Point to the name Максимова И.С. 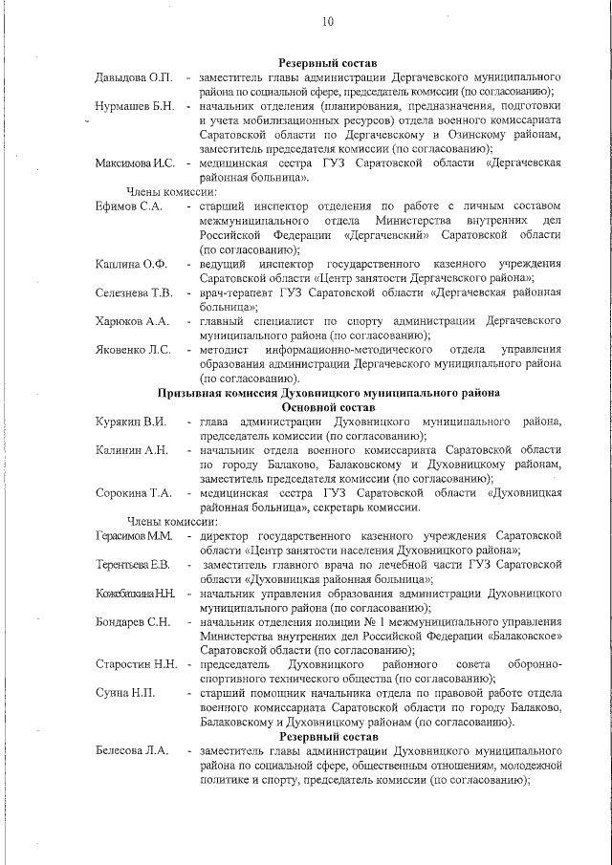(x=135, y=163)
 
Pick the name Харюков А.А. (x=132, y=321)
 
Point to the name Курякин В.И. (x=131, y=422)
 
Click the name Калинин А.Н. (x=132, y=450)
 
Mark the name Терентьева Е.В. (x=133, y=565)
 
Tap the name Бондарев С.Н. (x=133, y=622)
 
